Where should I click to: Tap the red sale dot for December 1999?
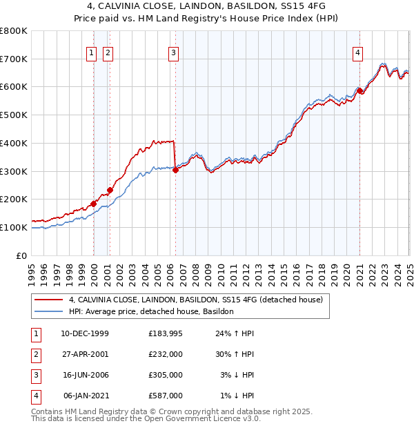click(x=94, y=204)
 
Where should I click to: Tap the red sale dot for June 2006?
click(x=175, y=170)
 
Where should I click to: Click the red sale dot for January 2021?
click(x=359, y=90)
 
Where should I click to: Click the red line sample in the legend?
click(x=49, y=300)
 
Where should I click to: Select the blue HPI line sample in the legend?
click(x=49, y=311)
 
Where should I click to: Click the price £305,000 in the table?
click(x=166, y=375)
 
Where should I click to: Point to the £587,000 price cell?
click(x=166, y=396)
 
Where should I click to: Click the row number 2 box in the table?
click(x=34, y=354)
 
